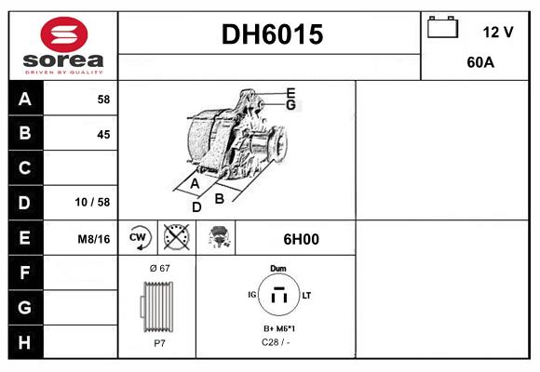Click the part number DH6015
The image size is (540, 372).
[271, 34]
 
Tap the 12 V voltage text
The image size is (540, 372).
[497, 32]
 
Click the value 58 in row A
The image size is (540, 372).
[102, 99]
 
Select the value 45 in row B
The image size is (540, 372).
[102, 134]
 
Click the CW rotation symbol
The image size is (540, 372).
[138, 238]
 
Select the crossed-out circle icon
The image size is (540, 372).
[176, 238]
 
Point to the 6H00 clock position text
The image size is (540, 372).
[300, 239]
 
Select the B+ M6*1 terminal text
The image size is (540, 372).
[278, 329]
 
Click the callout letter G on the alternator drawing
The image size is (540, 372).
[290, 105]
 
